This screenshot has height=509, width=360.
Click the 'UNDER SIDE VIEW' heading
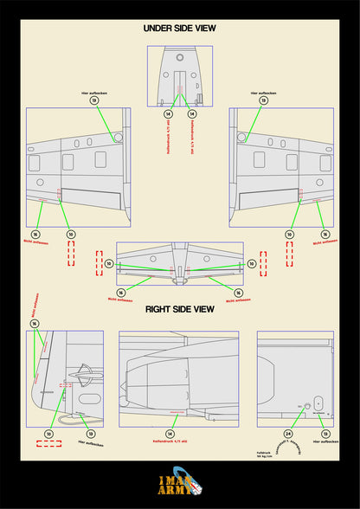179,29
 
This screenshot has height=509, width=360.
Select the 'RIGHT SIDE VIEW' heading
179,309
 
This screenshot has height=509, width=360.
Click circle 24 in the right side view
288,433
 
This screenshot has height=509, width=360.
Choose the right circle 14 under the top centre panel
192,113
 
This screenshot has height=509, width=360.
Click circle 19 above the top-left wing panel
93,100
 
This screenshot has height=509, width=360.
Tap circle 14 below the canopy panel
170,433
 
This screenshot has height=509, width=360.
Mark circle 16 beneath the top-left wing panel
35,234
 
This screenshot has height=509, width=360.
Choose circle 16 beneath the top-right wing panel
325,234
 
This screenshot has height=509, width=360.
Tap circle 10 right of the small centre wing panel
251,263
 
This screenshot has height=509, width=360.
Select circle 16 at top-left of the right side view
35,323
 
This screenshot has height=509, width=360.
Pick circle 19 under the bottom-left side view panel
90,433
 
